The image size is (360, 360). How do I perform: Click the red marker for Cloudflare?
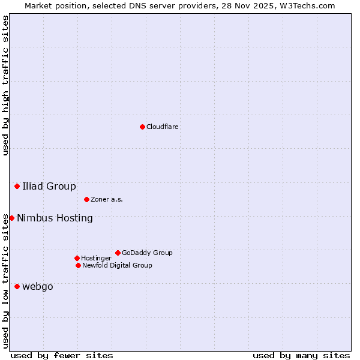click(142, 127)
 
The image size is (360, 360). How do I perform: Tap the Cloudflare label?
click(163, 127)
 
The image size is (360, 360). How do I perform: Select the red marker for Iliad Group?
click(17, 187)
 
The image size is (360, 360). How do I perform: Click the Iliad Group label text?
click(49, 187)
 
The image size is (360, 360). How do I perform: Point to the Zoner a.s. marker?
click(86, 199)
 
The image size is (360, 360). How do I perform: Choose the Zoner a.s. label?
click(107, 200)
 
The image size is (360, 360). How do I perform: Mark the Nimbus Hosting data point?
click(11, 218)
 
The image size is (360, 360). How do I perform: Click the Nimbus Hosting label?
click(55, 218)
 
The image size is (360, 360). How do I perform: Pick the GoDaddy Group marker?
click(118, 253)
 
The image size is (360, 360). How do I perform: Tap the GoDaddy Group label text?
click(147, 253)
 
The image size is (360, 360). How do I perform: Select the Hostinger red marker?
click(77, 258)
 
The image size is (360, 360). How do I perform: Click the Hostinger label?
click(96, 259)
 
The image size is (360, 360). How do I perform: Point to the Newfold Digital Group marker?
click(78, 265)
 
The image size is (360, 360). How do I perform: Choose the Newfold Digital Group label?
click(117, 266)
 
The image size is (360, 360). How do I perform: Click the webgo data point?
click(17, 286)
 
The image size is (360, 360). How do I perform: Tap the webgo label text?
click(38, 287)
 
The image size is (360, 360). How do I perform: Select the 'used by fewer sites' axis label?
click(62, 355)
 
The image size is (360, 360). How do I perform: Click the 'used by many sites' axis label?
click(301, 355)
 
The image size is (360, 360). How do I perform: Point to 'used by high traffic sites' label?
click(5, 85)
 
